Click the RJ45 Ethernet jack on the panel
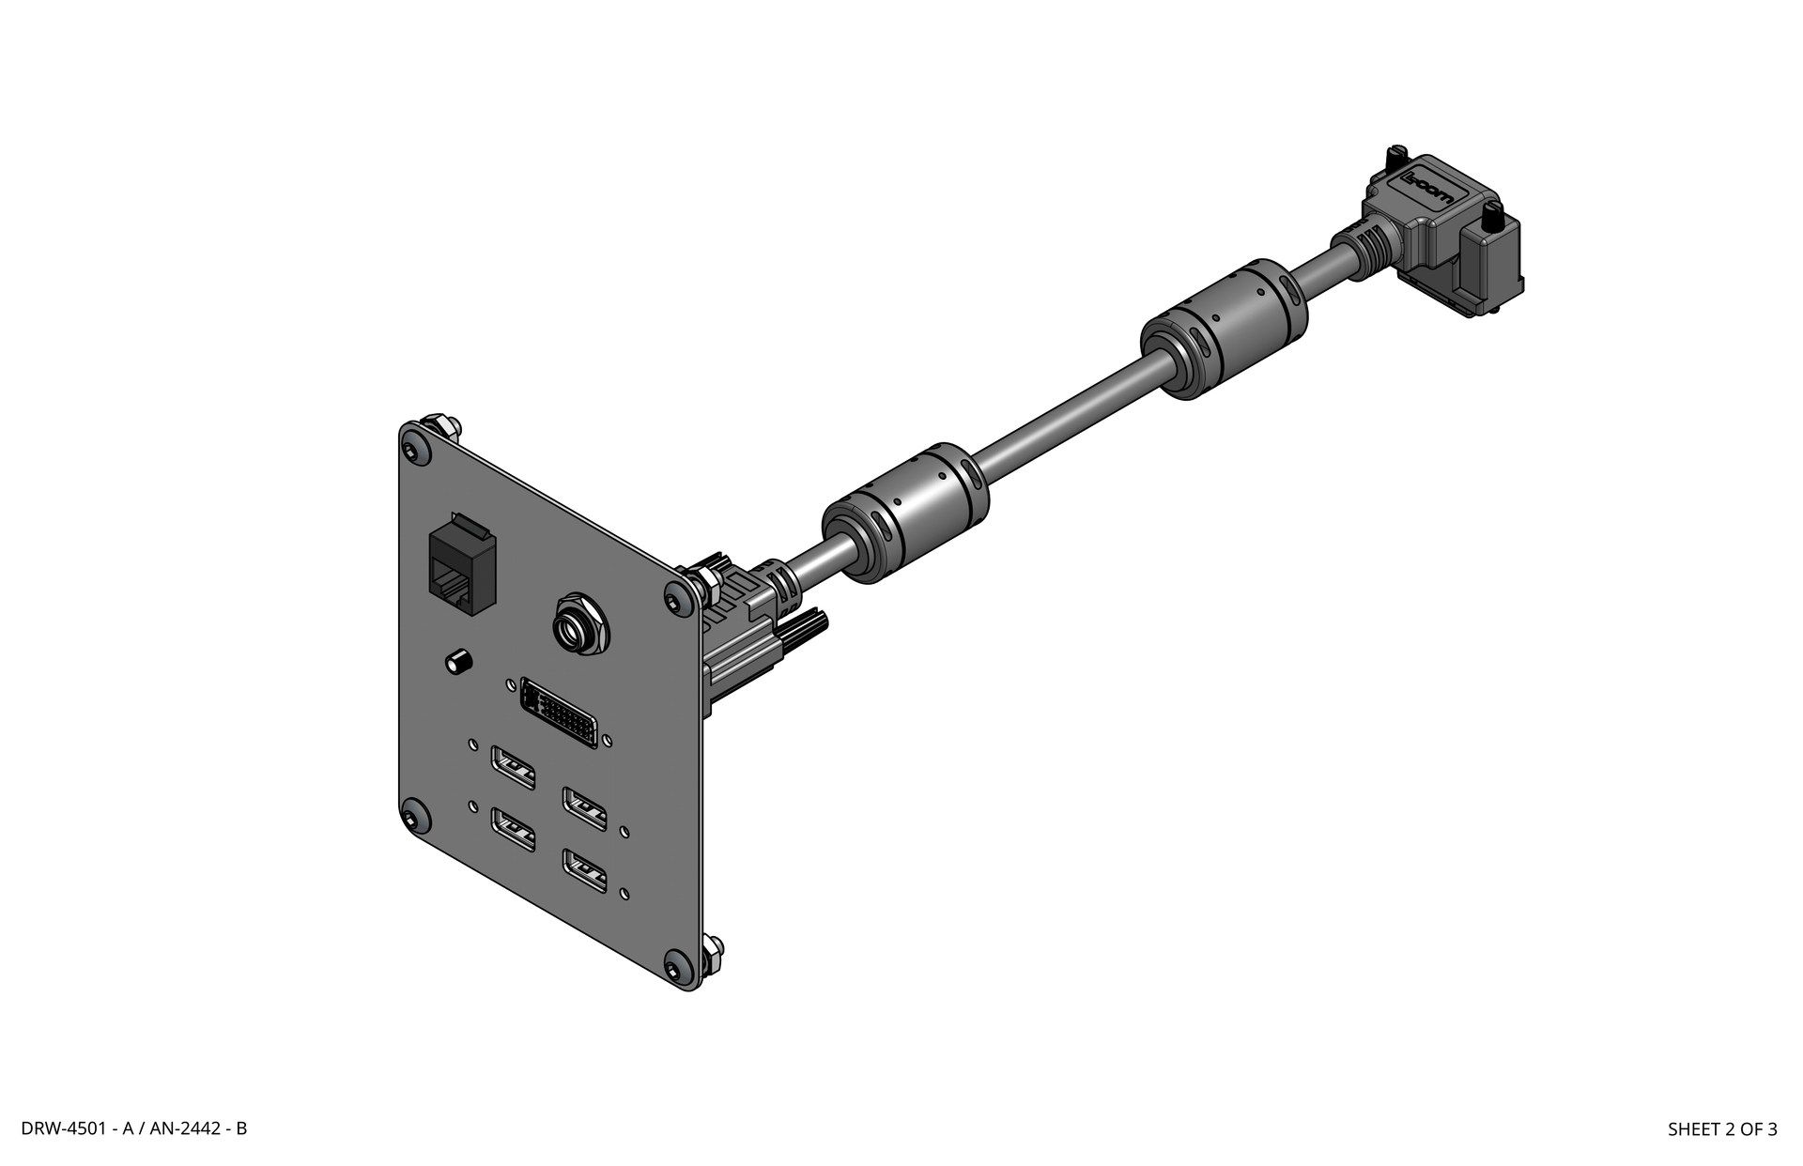pyautogui.click(x=461, y=566)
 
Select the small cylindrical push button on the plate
pyautogui.click(x=457, y=661)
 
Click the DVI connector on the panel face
pyautogui.click(x=558, y=713)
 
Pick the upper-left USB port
pyautogui.click(x=514, y=766)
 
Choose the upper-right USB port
pyautogui.click(x=584, y=807)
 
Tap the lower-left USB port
pyautogui.click(x=514, y=830)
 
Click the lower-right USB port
pyautogui.click(x=584, y=870)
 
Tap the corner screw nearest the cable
pyautogui.click(x=676, y=599)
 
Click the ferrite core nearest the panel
pyautogui.click(x=905, y=512)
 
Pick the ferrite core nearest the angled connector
pyautogui.click(x=1224, y=329)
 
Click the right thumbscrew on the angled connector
pyautogui.click(x=1489, y=223)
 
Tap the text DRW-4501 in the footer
pyautogui.click(x=64, y=1128)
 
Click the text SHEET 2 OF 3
pyautogui.click(x=1721, y=1129)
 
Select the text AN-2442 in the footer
pyautogui.click(x=184, y=1128)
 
